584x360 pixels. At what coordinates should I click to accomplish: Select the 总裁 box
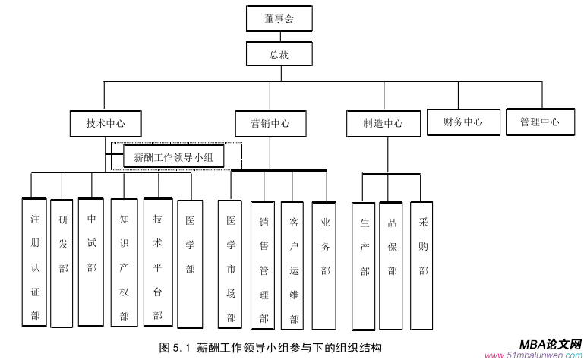pyautogui.click(x=279, y=55)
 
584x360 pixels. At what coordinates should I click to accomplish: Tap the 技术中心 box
pyautogui.click(x=106, y=123)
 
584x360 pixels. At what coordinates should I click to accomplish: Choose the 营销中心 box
pyautogui.click(x=269, y=123)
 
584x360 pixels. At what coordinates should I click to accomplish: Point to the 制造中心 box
pyautogui.click(x=383, y=124)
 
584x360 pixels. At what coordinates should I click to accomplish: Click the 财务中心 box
pyautogui.click(x=463, y=122)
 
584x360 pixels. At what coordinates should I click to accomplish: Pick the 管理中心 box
pyautogui.click(x=540, y=122)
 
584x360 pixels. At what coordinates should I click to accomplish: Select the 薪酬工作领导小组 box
pyautogui.click(x=173, y=157)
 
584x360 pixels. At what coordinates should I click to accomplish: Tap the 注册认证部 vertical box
pyautogui.click(x=35, y=263)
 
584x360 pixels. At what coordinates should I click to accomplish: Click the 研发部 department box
pyautogui.click(x=63, y=263)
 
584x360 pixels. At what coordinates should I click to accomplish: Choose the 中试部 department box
pyautogui.click(x=91, y=261)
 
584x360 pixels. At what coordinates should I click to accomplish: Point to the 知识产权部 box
pyautogui.click(x=124, y=263)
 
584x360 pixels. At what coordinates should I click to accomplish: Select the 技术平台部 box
pyautogui.click(x=157, y=263)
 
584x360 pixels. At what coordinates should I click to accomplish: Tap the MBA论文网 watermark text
pyautogui.click(x=551, y=344)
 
